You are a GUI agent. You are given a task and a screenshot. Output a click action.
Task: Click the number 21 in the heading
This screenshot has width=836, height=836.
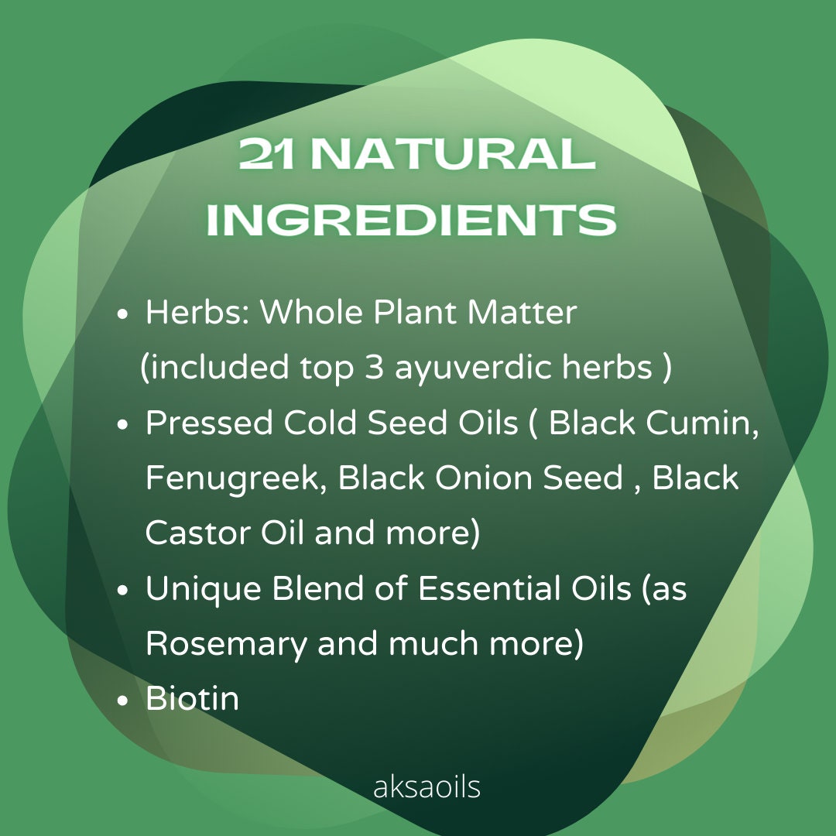pyautogui.click(x=266, y=154)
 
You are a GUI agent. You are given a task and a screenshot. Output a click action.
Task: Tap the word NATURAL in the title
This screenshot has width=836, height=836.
pyautogui.click(x=453, y=154)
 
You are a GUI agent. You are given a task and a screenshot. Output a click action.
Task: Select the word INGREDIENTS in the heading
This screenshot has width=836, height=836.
pyautogui.click(x=411, y=219)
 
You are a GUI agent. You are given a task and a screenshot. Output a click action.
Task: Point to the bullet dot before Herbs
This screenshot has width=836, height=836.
pyautogui.click(x=122, y=314)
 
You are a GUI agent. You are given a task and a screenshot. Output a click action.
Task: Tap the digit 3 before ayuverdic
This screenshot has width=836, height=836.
pyautogui.click(x=375, y=367)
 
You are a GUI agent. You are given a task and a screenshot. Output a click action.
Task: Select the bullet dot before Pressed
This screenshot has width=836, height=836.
pyautogui.click(x=122, y=424)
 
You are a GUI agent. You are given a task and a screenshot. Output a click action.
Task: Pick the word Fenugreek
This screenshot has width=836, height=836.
pyautogui.click(x=235, y=478)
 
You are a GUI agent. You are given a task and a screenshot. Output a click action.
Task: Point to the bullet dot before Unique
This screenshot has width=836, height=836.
pyautogui.click(x=122, y=590)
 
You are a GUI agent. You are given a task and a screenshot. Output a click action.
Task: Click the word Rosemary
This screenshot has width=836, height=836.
pyautogui.click(x=225, y=644)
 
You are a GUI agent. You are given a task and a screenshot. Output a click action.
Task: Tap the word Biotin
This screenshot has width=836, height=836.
pyautogui.click(x=192, y=698)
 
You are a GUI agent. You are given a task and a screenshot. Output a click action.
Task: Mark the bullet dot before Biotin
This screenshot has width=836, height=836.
pyautogui.click(x=122, y=700)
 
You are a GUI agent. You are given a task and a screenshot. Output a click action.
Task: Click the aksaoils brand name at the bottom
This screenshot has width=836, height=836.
pyautogui.click(x=427, y=786)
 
